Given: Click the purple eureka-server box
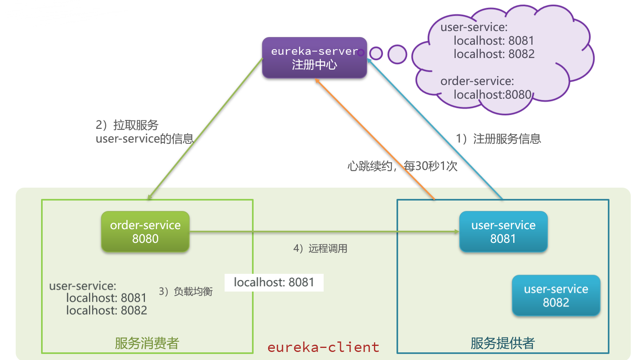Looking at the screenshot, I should pyautogui.click(x=314, y=58).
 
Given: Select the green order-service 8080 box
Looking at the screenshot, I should pyautogui.click(x=145, y=232).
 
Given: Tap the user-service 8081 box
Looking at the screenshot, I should pyautogui.click(x=503, y=232).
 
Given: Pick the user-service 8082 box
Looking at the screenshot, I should pyautogui.click(x=556, y=295).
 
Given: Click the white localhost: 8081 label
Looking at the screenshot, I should pyautogui.click(x=274, y=282).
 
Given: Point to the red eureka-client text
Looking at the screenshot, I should pyautogui.click(x=323, y=347).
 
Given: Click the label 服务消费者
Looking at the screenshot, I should pyautogui.click(x=147, y=343).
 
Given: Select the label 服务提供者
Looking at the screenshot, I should pyautogui.click(x=502, y=343).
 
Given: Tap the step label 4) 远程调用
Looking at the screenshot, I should pyautogui.click(x=320, y=248).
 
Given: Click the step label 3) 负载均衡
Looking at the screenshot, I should pyautogui.click(x=186, y=291).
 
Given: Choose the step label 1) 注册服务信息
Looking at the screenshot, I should pyautogui.click(x=498, y=139).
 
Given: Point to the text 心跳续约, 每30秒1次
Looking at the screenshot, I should pyautogui.click(x=402, y=166).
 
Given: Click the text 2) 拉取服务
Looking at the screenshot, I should pyautogui.click(x=127, y=125).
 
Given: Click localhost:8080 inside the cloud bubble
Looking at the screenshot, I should pyautogui.click(x=492, y=95).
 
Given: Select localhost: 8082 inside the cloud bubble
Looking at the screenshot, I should pyautogui.click(x=494, y=54).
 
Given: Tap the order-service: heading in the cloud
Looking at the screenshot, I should pyautogui.click(x=477, y=81).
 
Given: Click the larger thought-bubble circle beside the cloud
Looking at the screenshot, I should pyautogui.click(x=397, y=54).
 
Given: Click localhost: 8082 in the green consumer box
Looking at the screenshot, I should pyautogui.click(x=107, y=310).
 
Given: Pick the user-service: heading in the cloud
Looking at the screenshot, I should pyautogui.click(x=474, y=27).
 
